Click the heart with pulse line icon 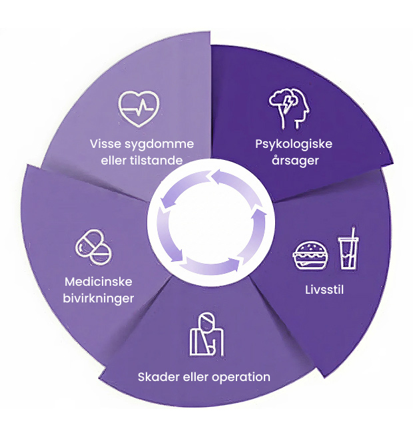(x=139, y=107)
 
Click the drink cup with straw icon (x=348, y=249)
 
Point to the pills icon (x=93, y=244)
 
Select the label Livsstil (x=318, y=290)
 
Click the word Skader (x=157, y=377)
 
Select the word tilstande (x=159, y=160)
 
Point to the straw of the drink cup (x=350, y=235)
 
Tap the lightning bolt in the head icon (x=288, y=103)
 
